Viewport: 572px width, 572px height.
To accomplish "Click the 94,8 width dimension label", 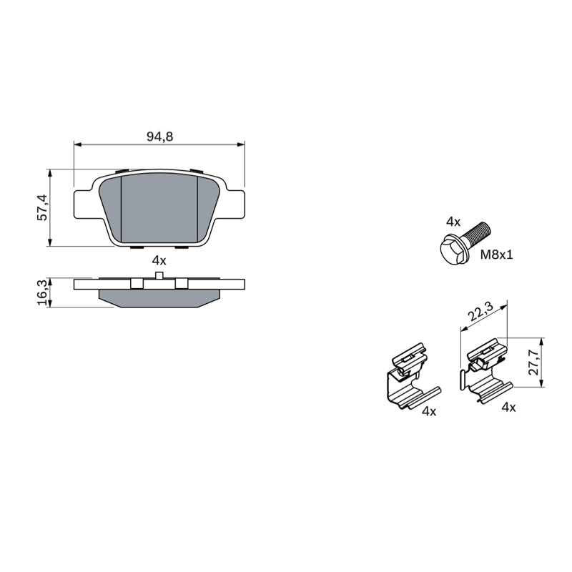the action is pos(159,137).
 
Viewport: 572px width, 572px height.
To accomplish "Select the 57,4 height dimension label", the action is pos(43,207).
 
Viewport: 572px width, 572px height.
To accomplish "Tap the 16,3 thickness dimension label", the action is pos(43,292).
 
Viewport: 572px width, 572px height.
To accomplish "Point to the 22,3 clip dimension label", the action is pos(480,312).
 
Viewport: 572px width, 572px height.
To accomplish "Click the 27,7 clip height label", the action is pos(533,362).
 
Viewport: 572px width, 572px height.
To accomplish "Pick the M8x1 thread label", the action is pos(496,255).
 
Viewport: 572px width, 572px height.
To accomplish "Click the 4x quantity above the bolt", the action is pos(453,222).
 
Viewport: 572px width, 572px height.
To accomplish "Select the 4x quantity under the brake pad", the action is pos(159,260).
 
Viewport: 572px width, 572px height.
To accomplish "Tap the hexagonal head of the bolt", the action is pos(452,250).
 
